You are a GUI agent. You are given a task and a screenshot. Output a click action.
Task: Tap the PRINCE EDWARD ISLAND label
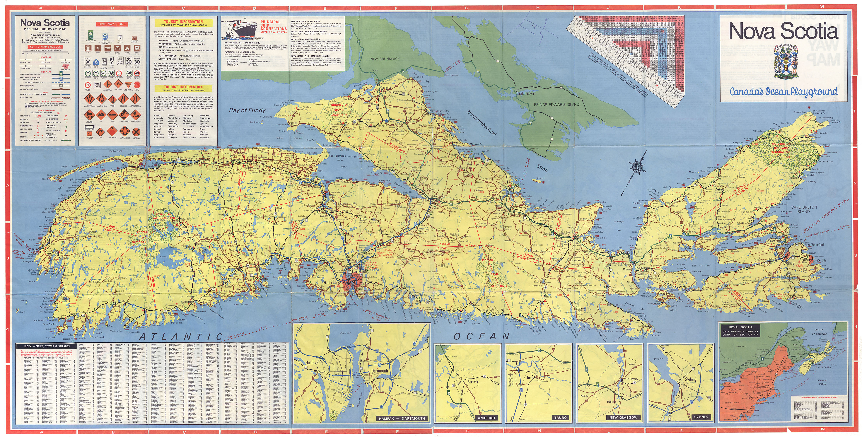pos(557,104)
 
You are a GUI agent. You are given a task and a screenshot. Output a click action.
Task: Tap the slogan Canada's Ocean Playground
pos(784,91)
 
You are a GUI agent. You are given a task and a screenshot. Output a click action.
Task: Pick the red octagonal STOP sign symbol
pos(137,85)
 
